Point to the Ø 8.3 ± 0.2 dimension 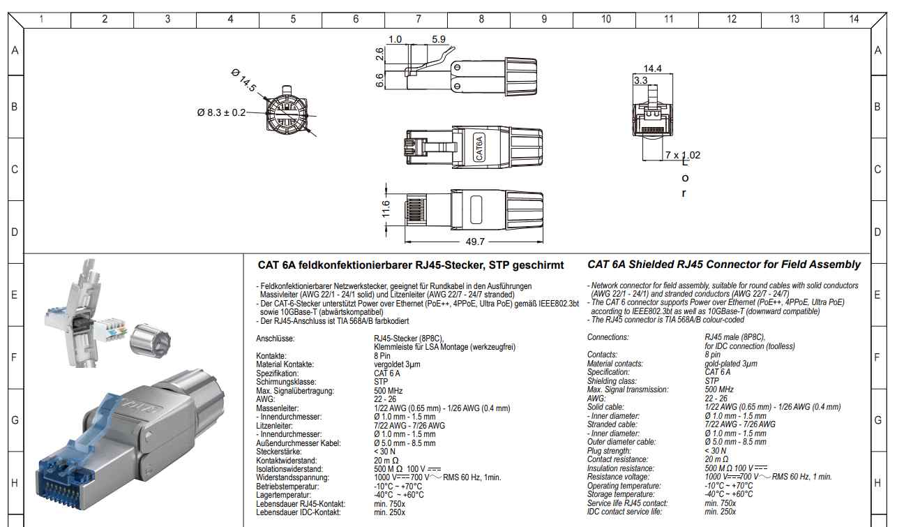pyautogui.click(x=221, y=113)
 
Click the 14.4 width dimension pyautogui.click(x=653, y=68)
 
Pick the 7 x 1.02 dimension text pyautogui.click(x=682, y=155)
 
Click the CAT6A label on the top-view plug pyautogui.click(x=479, y=148)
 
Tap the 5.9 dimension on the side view pyautogui.click(x=438, y=40)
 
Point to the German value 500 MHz pyautogui.click(x=389, y=390)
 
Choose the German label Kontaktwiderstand pyautogui.click(x=286, y=461)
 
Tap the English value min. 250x pyautogui.click(x=720, y=512)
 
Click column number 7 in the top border pyautogui.click(x=418, y=20)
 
